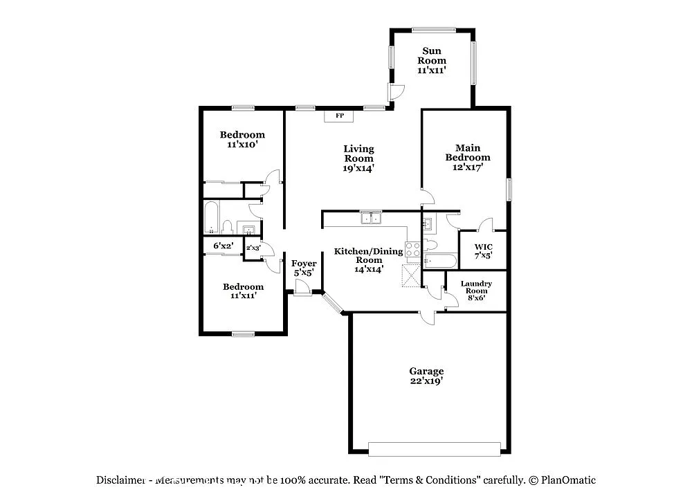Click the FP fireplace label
coord(339,116)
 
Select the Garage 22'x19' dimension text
coord(426,381)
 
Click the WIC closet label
coord(483,247)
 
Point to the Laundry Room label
coord(476,287)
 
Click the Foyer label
coord(304,264)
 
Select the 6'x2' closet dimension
coord(223,246)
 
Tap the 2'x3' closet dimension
coord(253,248)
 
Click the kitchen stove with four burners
coord(412,249)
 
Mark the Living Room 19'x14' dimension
coord(360,167)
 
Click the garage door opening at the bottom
coord(434,449)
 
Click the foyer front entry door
coord(302,291)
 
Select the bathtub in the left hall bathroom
coord(211,217)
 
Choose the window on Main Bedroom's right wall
coord(509,189)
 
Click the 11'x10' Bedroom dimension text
coord(242,146)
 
